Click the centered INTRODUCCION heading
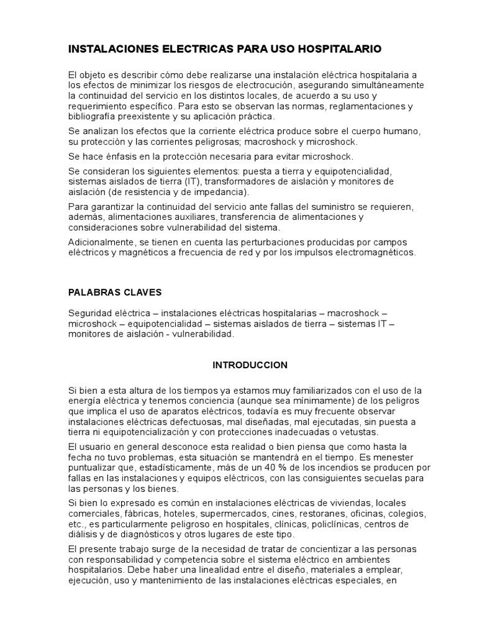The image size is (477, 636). pos(250,365)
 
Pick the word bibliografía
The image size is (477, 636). pos(93,116)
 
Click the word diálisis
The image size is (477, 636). pos(83,535)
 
